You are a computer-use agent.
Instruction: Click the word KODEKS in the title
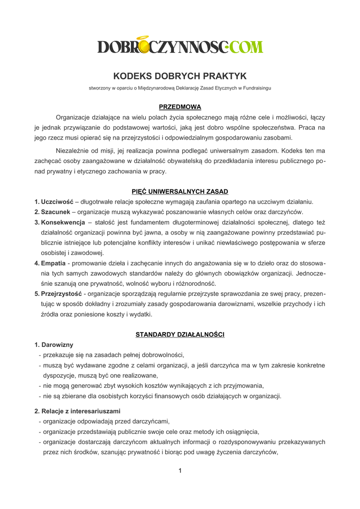pyautogui.click(x=133, y=76)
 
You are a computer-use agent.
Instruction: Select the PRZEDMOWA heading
pyautogui.click(x=180, y=107)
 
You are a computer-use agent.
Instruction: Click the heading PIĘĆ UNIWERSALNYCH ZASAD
pyautogui.click(x=180, y=191)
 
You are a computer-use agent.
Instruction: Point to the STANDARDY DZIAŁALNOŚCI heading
pyautogui.click(x=180, y=335)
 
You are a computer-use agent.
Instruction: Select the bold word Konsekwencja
pyautogui.click(x=63, y=222)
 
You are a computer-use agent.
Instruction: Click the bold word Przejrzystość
pyautogui.click(x=61, y=294)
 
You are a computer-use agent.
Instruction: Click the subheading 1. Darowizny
pyautogui.click(x=54, y=344)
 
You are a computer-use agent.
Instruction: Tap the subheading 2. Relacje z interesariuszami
pyautogui.click(x=77, y=411)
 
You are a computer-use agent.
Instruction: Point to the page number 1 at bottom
pyautogui.click(x=180, y=471)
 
